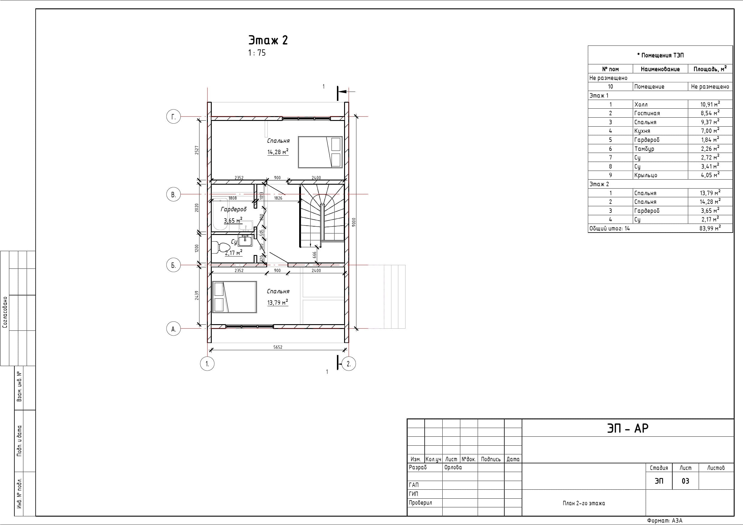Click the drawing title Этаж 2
(268, 40)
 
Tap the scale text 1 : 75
(257, 53)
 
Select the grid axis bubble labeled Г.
(173, 116)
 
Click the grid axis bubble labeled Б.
(173, 265)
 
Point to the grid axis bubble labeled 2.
(349, 364)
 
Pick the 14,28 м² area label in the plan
(278, 152)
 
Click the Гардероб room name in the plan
(234, 209)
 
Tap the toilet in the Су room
(221, 248)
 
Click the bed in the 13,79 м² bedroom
(234, 297)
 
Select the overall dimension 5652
(278, 347)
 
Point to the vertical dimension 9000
(354, 222)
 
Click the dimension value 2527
(197, 150)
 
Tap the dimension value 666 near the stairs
(314, 255)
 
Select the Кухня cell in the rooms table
(642, 131)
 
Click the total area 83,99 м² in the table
(710, 228)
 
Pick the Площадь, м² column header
(710, 69)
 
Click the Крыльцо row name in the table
(646, 175)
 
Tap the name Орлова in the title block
(453, 468)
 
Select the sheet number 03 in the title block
(686, 481)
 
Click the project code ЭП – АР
(628, 428)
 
